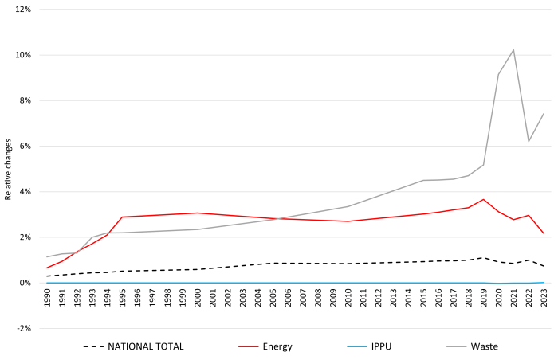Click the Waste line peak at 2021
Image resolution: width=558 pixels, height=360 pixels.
513,50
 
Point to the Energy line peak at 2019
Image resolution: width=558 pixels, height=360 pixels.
483,200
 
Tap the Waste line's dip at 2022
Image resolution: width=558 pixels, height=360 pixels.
529,141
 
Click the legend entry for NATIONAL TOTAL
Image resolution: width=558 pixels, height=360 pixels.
133,346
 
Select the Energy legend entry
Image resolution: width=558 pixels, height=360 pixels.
265,346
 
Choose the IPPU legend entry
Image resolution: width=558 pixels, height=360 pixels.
369,346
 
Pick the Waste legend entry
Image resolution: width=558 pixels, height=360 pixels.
472,346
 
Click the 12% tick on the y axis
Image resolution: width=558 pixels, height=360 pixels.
23,10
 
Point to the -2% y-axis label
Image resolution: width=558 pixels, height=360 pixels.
24,328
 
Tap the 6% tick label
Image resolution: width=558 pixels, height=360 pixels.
26,147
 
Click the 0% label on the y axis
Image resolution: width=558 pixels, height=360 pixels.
26,283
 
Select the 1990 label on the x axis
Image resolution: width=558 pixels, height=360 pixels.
47,298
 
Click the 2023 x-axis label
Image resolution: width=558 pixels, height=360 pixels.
544,298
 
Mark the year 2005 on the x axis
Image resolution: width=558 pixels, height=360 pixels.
273,298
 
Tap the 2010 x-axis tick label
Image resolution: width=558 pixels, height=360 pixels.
348,298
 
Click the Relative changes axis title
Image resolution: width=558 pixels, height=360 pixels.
8,170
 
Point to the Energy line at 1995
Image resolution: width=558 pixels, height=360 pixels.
123,217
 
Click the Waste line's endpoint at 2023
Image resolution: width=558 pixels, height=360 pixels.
544,113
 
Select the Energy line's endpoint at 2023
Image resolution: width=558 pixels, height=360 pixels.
544,233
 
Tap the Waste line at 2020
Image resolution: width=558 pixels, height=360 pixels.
498,74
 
